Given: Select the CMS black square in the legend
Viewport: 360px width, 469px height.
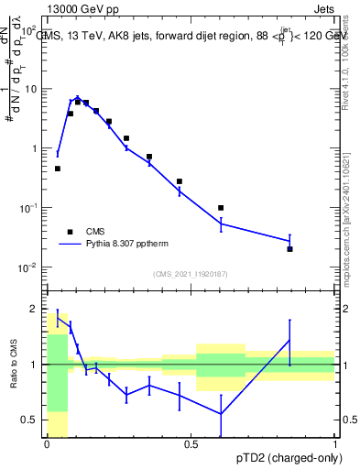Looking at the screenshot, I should tap(70, 232).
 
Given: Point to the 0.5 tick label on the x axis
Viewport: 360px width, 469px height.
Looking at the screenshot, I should tap(191, 444).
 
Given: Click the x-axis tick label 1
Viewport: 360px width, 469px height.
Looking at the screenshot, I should tap(335, 444).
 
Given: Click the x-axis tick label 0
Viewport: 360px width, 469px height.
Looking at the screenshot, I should tap(47, 444).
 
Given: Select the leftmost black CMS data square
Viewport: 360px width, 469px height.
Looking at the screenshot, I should tap(58, 169).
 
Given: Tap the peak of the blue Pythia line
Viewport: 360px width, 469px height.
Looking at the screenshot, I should tap(78, 96).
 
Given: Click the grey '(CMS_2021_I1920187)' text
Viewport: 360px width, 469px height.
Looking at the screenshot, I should tap(191, 274).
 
